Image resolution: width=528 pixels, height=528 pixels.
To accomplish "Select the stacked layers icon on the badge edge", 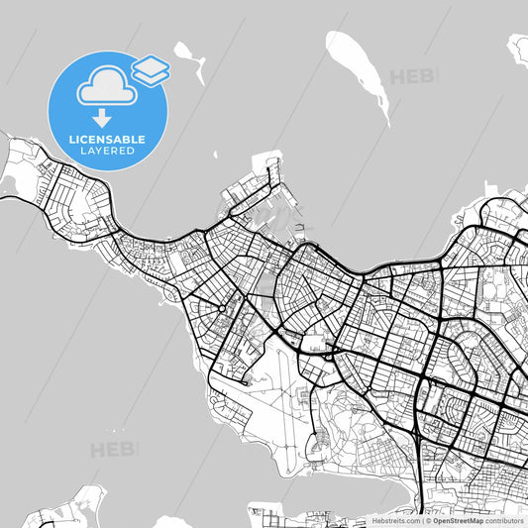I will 151,67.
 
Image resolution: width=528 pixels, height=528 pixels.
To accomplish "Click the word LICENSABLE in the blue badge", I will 107,140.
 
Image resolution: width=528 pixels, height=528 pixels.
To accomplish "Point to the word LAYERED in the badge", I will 108,151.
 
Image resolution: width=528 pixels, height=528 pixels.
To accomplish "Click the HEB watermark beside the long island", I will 412,77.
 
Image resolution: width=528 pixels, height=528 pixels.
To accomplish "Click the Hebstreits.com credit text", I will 394,520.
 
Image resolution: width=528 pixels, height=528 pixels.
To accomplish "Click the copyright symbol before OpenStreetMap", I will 427,520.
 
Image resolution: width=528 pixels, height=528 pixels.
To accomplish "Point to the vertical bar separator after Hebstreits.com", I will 420,520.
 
